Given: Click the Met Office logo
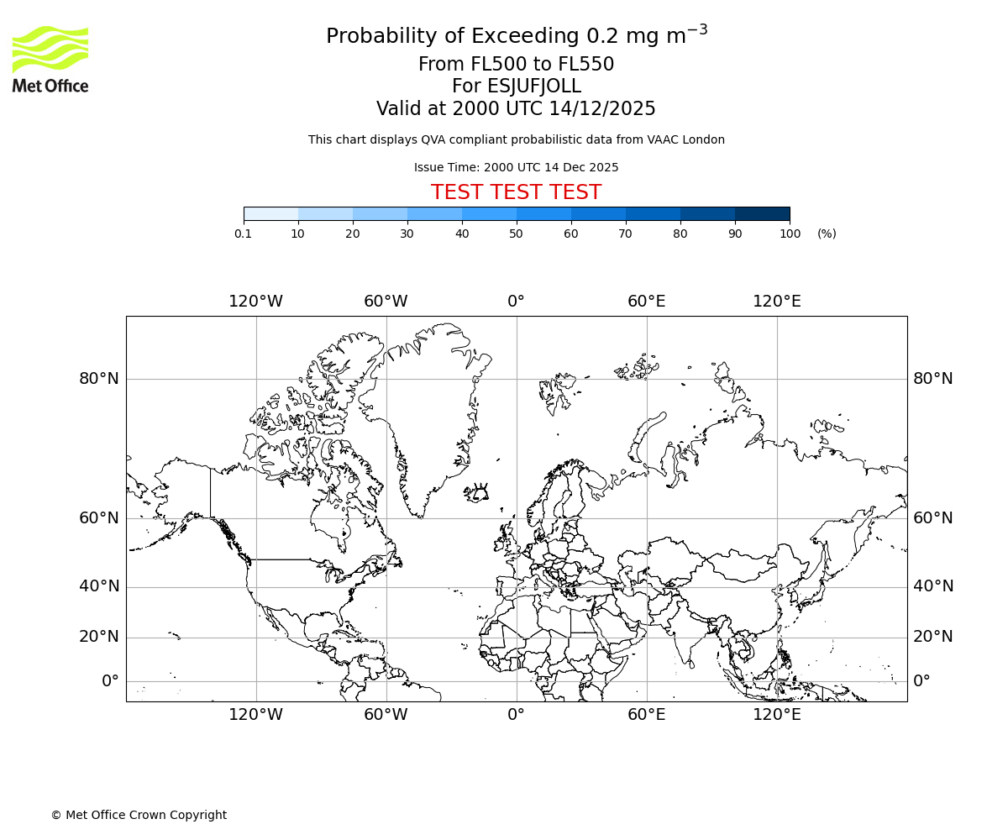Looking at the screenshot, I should pyautogui.click(x=50, y=59).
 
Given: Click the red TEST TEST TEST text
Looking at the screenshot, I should pyautogui.click(x=516, y=192).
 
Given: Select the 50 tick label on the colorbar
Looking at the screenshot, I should pyautogui.click(x=516, y=234).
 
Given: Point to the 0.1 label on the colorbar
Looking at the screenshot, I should pyautogui.click(x=243, y=234).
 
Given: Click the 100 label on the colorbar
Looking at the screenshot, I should pyautogui.click(x=790, y=234).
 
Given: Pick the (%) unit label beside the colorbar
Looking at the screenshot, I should pyautogui.click(x=827, y=234).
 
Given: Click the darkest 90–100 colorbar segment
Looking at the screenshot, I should pyautogui.click(x=762, y=213).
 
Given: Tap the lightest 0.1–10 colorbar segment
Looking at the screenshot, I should pyautogui.click(x=270, y=213).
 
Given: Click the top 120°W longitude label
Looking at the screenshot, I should pyautogui.click(x=255, y=302).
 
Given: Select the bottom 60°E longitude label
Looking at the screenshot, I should pyautogui.click(x=646, y=715).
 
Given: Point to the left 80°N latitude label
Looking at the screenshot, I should pyautogui.click(x=99, y=379).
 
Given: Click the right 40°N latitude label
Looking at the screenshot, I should pyautogui.click(x=933, y=586).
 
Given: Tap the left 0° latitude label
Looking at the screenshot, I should pyautogui.click(x=110, y=681).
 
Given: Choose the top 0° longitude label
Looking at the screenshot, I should pyautogui.click(x=516, y=302).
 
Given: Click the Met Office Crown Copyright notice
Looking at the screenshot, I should pyautogui.click(x=139, y=815).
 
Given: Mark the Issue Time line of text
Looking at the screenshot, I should pyautogui.click(x=516, y=167).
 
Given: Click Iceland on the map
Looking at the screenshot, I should pyautogui.click(x=476, y=491).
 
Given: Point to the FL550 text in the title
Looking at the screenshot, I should pyautogui.click(x=585, y=65).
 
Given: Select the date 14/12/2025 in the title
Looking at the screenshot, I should pyautogui.click(x=602, y=109).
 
